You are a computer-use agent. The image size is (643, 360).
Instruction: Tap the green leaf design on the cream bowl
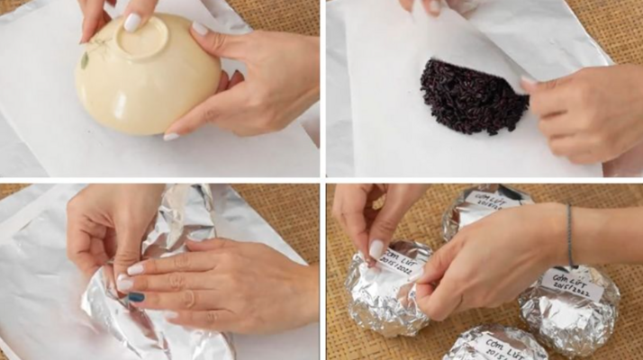click(85, 61)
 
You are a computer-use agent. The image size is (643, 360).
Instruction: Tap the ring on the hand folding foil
click(187, 296)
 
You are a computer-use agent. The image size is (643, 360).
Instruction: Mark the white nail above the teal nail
click(134, 268)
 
